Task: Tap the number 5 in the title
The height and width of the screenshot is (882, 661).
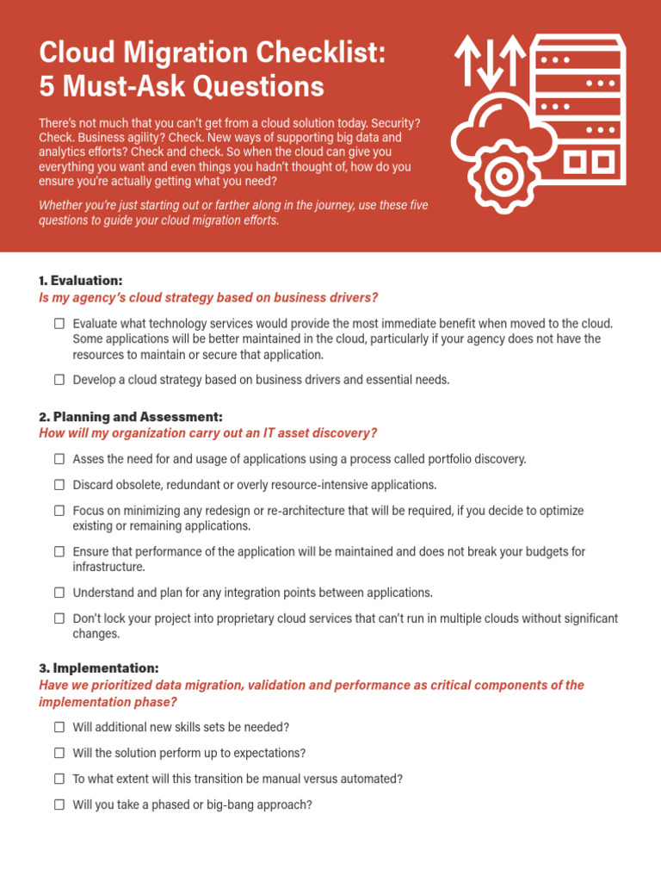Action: point(48,87)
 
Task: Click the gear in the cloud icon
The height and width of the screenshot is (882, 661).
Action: point(501,177)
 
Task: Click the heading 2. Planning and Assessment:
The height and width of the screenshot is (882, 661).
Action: point(131,416)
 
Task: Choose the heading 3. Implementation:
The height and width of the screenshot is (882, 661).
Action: point(98,668)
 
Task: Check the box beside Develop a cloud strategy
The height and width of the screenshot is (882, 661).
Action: point(59,380)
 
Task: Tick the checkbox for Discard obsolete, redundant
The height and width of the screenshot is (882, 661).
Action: point(59,485)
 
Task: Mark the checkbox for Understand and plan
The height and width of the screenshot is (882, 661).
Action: point(59,593)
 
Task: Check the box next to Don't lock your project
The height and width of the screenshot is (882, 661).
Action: point(59,618)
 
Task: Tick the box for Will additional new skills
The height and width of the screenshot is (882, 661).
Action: point(59,728)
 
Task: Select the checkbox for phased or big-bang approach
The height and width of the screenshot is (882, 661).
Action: point(59,804)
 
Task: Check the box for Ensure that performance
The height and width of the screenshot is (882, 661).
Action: point(59,551)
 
